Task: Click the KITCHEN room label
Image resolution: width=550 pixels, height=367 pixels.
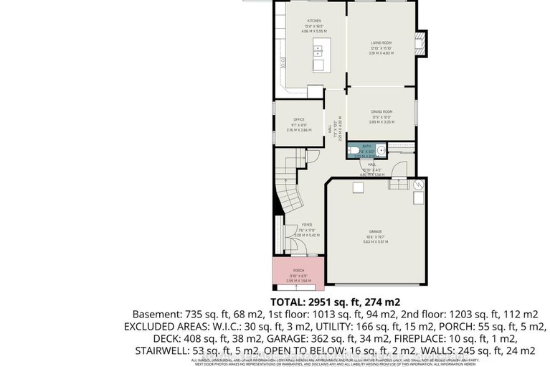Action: pyautogui.click(x=314, y=21)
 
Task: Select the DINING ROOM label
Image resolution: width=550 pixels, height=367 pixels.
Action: pyautogui.click(x=381, y=112)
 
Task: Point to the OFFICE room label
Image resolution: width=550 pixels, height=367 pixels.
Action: pyautogui.click(x=298, y=119)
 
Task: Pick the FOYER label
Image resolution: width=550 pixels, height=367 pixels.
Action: pyautogui.click(x=306, y=224)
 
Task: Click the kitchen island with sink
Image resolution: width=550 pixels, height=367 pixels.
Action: pyautogui.click(x=318, y=57)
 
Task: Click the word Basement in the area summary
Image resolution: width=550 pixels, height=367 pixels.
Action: pyautogui.click(x=156, y=315)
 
